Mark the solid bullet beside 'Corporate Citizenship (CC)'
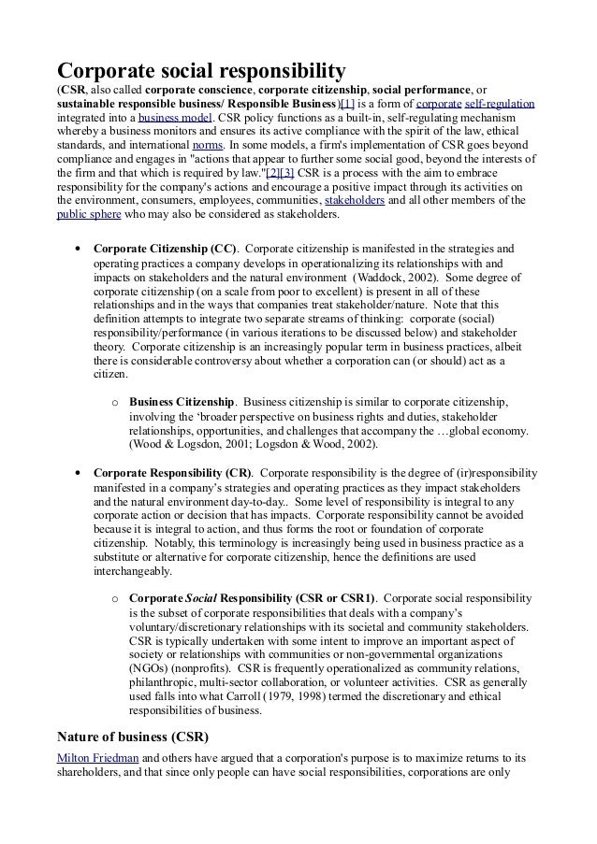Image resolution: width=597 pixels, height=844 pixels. click(76, 250)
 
